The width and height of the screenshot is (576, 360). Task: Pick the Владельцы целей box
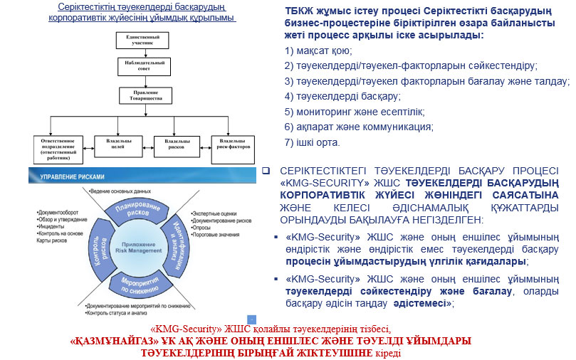coord(117,144)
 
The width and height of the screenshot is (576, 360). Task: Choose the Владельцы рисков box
coord(177,144)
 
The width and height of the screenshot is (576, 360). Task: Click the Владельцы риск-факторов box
coord(231,144)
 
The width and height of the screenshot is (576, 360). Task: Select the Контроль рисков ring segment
coord(99,247)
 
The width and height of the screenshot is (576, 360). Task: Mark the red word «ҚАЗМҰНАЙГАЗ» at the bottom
coord(114,340)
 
